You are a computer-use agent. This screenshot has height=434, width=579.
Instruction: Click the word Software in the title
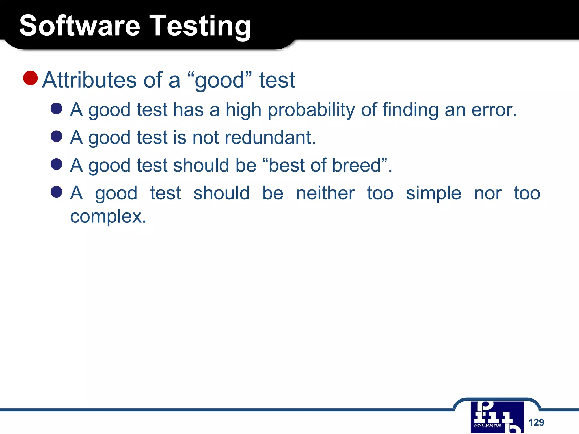80,26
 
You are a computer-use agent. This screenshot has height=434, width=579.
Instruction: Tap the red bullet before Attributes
31,78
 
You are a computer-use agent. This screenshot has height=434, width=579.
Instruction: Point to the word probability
311,110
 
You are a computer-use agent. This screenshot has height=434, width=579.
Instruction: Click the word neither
325,193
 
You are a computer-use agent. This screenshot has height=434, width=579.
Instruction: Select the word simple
433,193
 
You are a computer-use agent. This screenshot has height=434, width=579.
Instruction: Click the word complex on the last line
108,216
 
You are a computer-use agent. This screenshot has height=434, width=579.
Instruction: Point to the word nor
488,193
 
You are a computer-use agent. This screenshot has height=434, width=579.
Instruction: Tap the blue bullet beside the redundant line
57,136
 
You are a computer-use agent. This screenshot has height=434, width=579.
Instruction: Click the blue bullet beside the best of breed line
57,164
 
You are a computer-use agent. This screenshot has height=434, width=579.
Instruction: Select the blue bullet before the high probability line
57,108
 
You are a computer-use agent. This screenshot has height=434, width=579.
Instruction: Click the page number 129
536,422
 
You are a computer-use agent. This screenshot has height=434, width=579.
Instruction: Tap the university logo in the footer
497,417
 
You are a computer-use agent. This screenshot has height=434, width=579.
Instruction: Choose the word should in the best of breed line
201,165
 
